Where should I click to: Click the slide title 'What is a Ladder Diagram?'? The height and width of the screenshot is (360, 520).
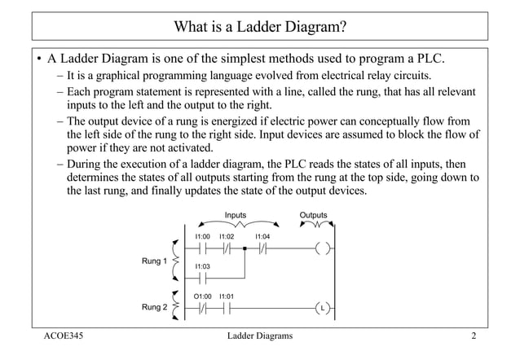260,26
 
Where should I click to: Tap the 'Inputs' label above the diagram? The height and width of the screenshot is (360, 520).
236,216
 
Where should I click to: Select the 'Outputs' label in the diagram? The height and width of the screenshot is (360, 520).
314,216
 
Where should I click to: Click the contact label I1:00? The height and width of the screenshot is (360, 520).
203,236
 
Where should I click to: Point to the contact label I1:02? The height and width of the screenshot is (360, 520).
227,236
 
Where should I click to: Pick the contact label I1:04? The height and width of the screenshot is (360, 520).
262,236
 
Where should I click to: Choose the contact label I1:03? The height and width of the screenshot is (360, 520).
203,266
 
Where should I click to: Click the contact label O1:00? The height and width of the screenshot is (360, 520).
203,296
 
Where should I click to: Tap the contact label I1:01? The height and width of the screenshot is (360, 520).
227,296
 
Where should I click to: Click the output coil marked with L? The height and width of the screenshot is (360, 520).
323,309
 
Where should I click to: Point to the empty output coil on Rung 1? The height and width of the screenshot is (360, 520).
323,249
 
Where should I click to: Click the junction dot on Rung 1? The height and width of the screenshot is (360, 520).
245,249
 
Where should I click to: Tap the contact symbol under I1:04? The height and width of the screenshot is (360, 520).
262,249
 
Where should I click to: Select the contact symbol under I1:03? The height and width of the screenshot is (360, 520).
203,278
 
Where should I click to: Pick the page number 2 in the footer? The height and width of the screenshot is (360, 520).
473,336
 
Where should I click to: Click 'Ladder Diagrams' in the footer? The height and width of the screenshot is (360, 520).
259,336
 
